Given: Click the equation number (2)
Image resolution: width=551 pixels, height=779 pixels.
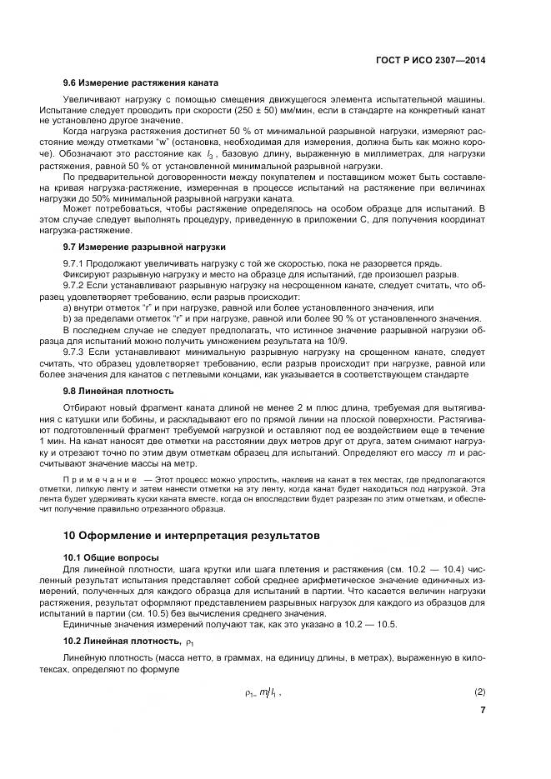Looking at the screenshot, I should pyautogui.click(x=480, y=691).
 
